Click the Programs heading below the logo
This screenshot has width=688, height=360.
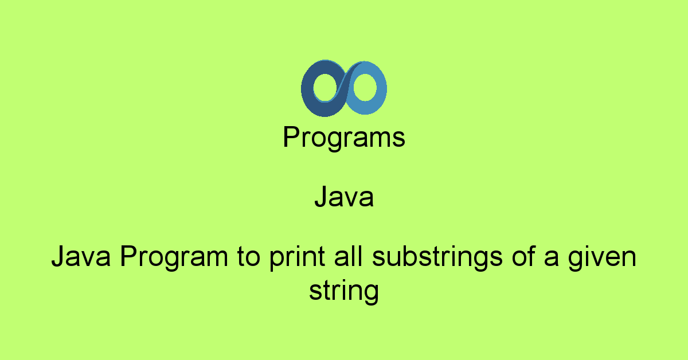point(344,138)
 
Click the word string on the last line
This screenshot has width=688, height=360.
point(344,291)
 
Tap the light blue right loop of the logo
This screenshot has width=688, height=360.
point(378,89)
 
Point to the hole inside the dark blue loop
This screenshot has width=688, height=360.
point(325,88)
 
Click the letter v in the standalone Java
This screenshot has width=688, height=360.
point(353,199)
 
